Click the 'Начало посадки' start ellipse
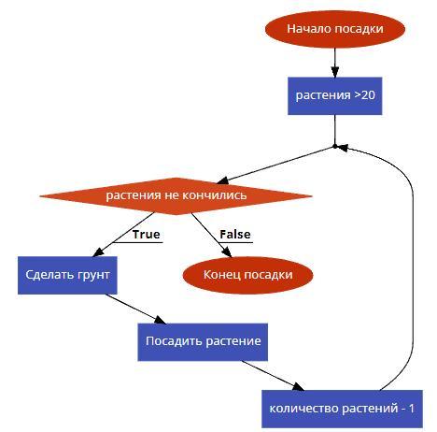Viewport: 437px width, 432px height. point(335,29)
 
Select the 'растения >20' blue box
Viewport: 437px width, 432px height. point(335,95)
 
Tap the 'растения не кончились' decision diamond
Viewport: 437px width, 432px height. point(176,196)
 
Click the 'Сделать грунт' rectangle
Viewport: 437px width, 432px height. point(67,275)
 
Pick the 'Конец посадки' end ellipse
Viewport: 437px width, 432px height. point(247,275)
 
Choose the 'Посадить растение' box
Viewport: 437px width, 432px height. point(203,342)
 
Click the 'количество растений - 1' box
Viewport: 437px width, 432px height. point(342,409)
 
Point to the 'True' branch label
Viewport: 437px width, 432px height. point(146,235)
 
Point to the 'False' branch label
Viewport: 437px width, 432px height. point(235,235)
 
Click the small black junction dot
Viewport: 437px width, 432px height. point(335,146)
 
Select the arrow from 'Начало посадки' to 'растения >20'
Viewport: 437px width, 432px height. point(335,63)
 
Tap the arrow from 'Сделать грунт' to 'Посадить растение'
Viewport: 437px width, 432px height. point(135,309)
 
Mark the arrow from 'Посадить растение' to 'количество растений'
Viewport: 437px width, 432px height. point(273,376)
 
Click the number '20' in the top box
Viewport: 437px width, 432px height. point(368,95)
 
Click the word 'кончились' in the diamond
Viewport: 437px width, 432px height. point(215,195)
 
